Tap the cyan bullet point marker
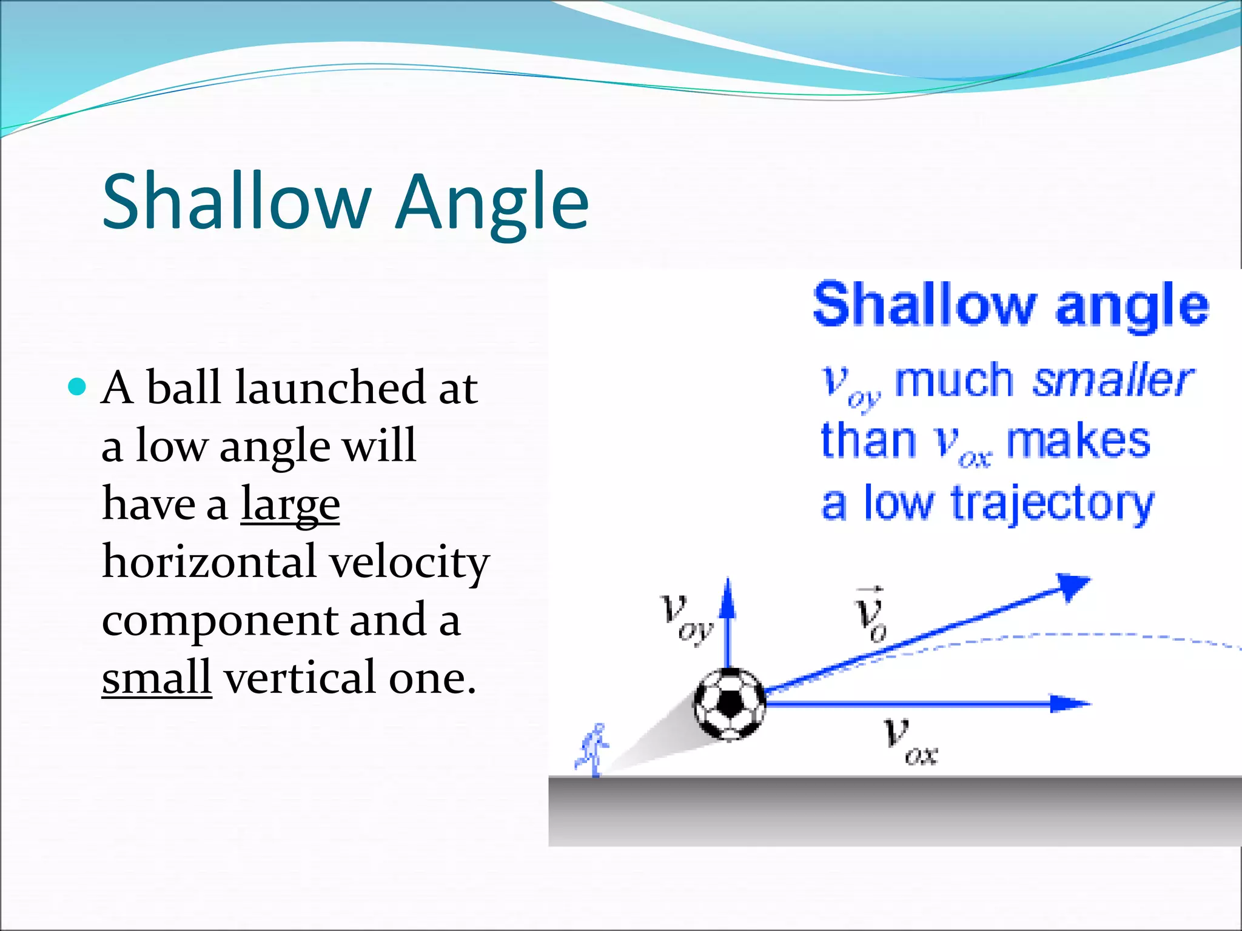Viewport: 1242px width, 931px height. click(77, 386)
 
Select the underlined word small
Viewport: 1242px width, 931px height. click(156, 678)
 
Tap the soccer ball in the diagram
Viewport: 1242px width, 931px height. click(730, 704)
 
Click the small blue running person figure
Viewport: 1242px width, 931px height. click(594, 749)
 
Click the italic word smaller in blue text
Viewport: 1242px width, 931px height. click(1113, 380)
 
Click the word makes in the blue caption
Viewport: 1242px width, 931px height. click(1078, 441)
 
